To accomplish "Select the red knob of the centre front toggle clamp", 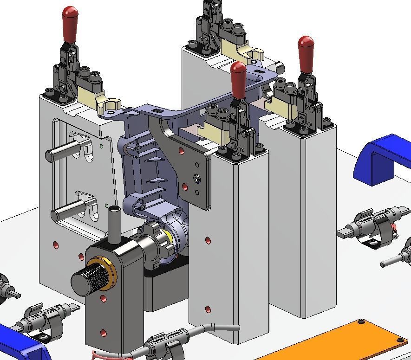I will pyautogui.click(x=238, y=79).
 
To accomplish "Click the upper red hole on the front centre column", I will pyautogui.click(x=208, y=241).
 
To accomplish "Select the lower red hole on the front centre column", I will pyautogui.click(x=207, y=309).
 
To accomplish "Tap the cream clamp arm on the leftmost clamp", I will pyautogui.click(x=104, y=100).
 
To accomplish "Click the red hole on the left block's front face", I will pyautogui.click(x=56, y=244).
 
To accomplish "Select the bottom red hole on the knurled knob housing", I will pyautogui.click(x=103, y=333).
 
